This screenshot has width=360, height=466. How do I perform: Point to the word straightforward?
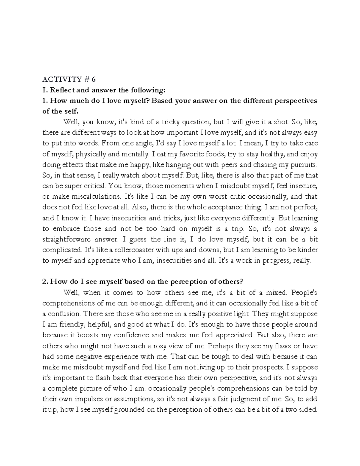(x=67, y=239)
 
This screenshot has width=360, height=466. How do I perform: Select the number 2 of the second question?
(x=44, y=282)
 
